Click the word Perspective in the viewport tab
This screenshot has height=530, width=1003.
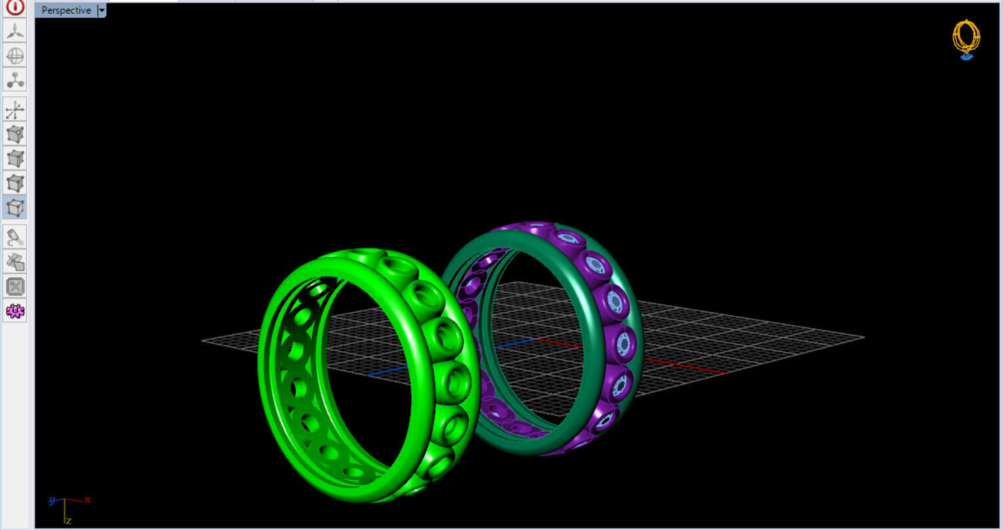tap(66, 10)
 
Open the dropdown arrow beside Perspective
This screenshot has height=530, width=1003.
tap(101, 10)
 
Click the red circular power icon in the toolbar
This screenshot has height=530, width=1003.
tap(15, 7)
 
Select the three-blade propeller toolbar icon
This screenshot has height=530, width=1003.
tap(15, 31)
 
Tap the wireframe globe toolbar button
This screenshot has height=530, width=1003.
tap(15, 56)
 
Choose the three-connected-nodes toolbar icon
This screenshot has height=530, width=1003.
tap(15, 80)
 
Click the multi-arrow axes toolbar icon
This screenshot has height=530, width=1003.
tap(15, 109)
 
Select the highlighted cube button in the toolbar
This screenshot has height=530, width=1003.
tap(15, 208)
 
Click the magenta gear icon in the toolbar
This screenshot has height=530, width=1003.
tap(15, 311)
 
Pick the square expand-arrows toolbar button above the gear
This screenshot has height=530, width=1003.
tap(15, 286)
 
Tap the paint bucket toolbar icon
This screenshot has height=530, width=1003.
tap(15, 237)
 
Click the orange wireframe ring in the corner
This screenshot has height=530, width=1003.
tap(966, 37)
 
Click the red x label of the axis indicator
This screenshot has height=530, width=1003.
tap(87, 499)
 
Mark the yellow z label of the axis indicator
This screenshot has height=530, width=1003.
tap(68, 521)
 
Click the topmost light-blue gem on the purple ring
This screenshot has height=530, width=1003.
tap(538, 227)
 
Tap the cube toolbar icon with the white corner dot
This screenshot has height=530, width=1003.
tap(15, 134)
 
